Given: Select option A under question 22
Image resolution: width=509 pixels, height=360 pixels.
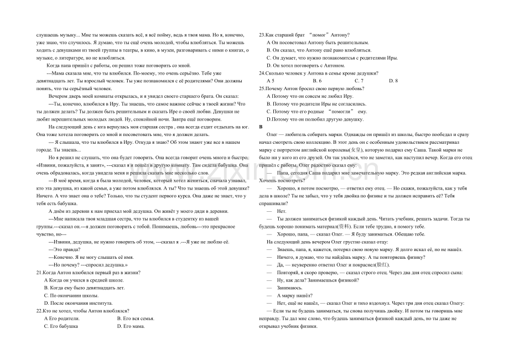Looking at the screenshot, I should click(x=61, y=318).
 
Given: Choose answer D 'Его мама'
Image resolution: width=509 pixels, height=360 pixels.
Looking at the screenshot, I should click(x=131, y=326).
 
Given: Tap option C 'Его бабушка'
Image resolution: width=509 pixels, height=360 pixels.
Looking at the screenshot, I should click(x=61, y=326).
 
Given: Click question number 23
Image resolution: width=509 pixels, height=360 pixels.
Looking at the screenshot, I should click(x=263, y=35).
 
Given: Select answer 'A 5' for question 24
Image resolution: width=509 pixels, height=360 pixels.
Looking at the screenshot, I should click(x=270, y=81).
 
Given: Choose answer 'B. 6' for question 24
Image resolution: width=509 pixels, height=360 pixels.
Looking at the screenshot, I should click(x=316, y=81).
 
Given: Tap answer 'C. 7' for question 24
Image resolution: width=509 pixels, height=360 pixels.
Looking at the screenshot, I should click(x=359, y=81).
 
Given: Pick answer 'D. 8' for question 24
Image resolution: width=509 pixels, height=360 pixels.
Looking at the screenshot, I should click(x=393, y=81).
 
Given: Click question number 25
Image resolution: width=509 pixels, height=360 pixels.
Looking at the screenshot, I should click(x=263, y=88).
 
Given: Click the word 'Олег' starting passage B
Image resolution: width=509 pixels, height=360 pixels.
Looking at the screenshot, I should click(x=271, y=134).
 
